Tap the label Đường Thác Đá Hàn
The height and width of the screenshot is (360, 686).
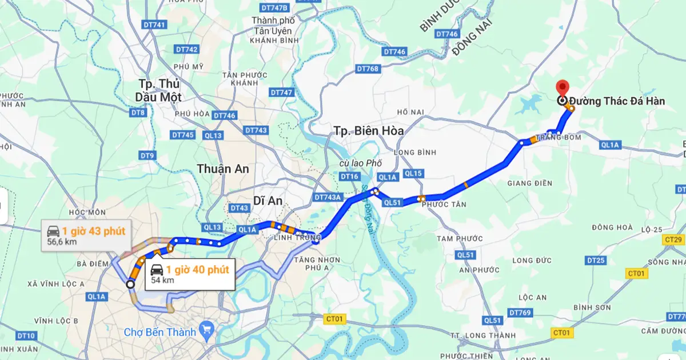point(616,101)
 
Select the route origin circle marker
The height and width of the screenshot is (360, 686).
point(130,284)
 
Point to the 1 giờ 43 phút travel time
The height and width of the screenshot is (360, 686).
point(94,231)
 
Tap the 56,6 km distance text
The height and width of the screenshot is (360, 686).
point(62,242)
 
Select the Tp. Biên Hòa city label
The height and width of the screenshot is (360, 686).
point(369,131)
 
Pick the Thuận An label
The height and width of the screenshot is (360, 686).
point(222,169)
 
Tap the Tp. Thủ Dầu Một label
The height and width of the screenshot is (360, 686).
point(158,90)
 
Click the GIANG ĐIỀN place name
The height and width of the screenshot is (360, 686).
point(530,183)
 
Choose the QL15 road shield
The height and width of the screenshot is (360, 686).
point(412,173)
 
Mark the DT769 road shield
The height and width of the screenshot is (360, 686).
point(520,313)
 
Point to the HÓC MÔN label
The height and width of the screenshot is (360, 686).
point(87,212)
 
